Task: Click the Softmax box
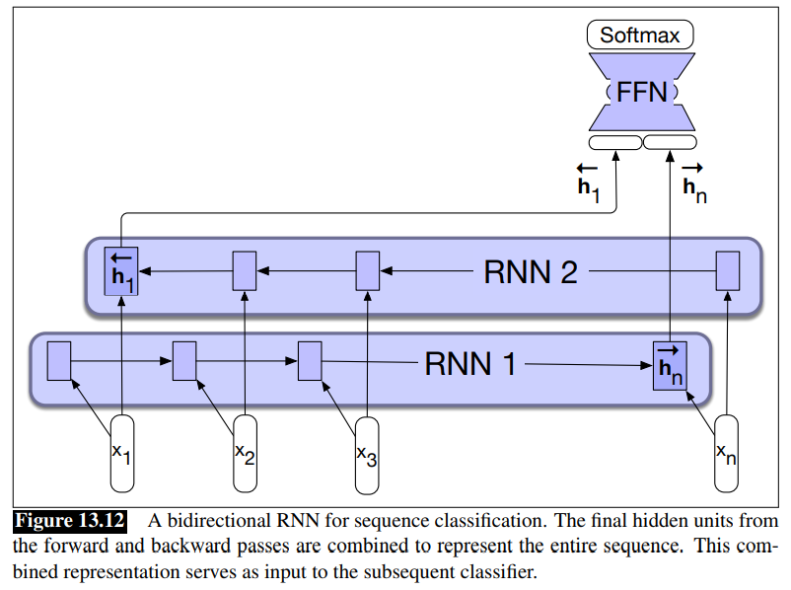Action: coord(641,36)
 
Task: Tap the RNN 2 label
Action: coord(530,271)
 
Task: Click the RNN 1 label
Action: coord(470,364)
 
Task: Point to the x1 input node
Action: coord(121,454)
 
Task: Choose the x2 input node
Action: coord(245,454)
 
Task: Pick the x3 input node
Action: coord(367,454)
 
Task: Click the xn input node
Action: coord(727,454)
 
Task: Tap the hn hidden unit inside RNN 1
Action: coord(670,364)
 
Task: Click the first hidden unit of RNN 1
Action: coord(59,361)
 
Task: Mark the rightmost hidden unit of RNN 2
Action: coord(728,270)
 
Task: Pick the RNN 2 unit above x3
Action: coord(367,270)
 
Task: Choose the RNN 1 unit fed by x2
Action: coord(185,361)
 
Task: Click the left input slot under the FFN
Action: coord(613,143)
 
